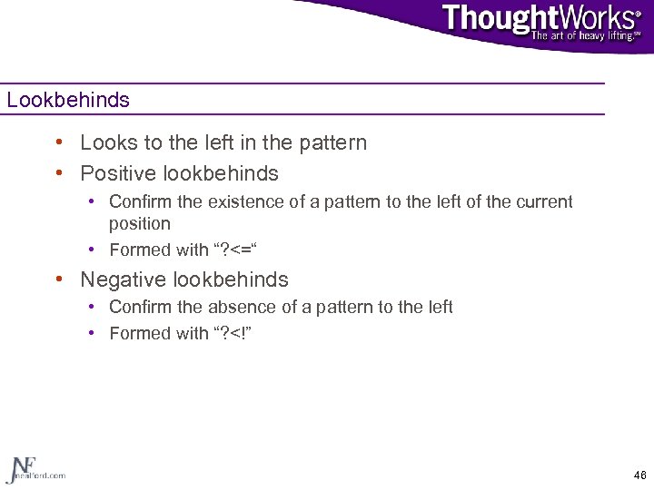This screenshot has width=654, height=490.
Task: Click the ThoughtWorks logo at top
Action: pos(540,18)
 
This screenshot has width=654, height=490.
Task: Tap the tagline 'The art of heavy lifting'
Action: pos(586,35)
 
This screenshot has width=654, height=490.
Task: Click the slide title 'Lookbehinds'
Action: pos(68,100)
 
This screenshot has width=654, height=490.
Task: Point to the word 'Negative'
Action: pos(119,279)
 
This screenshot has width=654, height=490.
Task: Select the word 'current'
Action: pos(543,201)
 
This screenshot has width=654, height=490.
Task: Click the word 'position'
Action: pos(139,223)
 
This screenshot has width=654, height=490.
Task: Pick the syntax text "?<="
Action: pos(234,250)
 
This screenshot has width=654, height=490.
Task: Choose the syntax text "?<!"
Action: pos(233,333)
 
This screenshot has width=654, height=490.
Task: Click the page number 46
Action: pos(639,475)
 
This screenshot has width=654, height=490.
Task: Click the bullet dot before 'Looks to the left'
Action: pos(58,142)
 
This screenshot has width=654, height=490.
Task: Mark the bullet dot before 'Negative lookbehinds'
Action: pos(58,279)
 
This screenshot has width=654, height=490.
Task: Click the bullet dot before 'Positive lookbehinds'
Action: pos(58,172)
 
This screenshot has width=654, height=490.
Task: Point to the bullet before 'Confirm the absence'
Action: pos(93,307)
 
